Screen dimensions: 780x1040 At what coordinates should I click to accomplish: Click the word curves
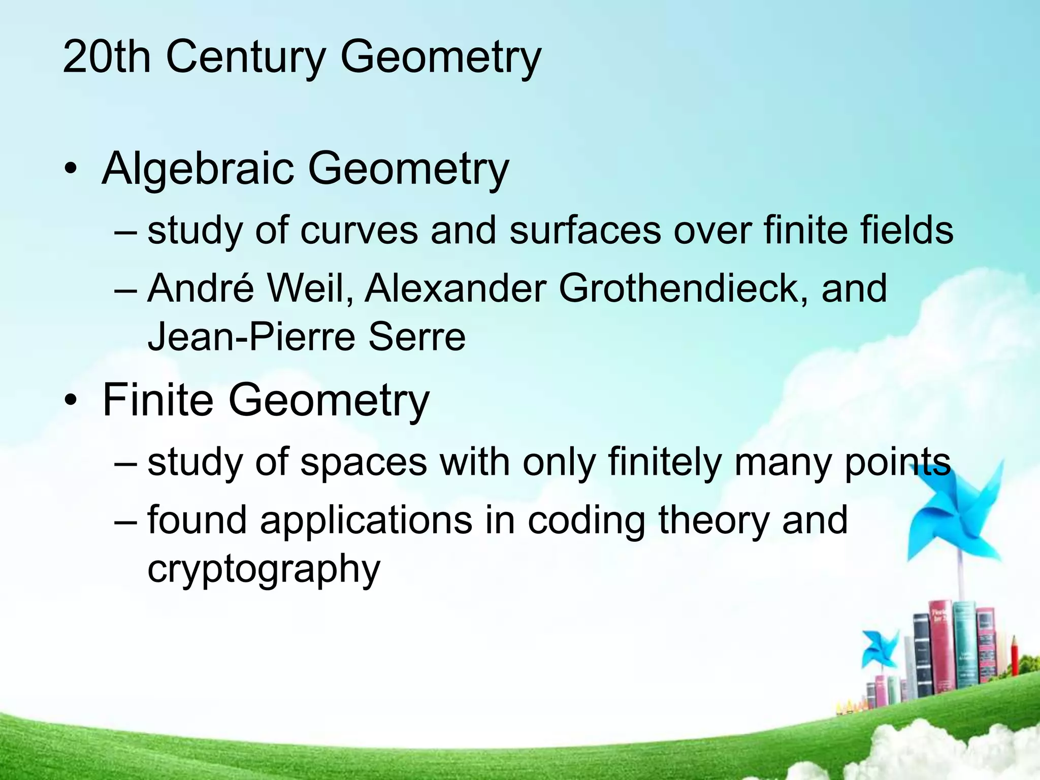coord(359,230)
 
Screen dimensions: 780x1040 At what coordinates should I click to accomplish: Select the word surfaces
coord(584,230)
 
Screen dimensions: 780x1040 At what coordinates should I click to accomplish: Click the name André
coord(200,288)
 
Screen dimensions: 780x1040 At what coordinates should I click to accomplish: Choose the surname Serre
coord(416,337)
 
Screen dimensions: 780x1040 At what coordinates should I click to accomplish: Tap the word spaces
coord(363,462)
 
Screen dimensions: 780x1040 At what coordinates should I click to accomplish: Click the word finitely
coord(664,462)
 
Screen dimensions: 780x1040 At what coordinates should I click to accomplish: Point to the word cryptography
coord(264,569)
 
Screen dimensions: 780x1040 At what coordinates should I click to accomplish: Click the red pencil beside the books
coord(1014,660)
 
